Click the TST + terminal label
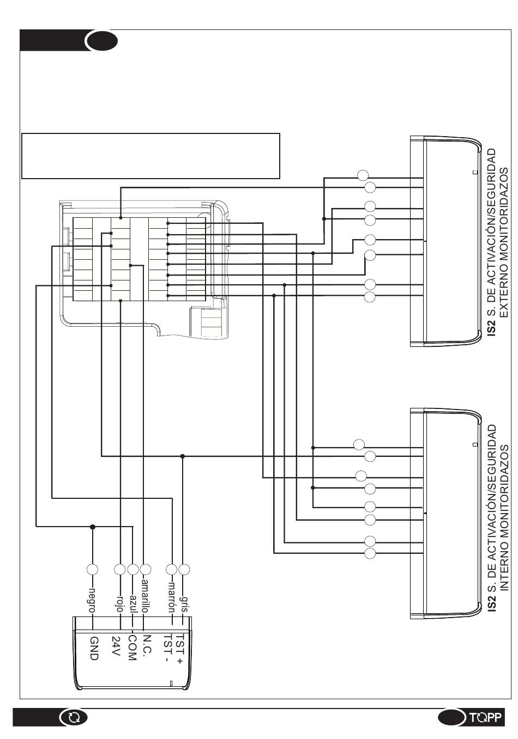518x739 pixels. pos(179,647)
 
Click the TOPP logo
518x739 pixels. pos(485,717)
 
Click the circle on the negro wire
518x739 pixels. pos(92,570)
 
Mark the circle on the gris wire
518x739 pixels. pos(184,570)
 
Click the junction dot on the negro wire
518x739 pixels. pos(93,527)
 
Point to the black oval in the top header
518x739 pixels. pos(101,41)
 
